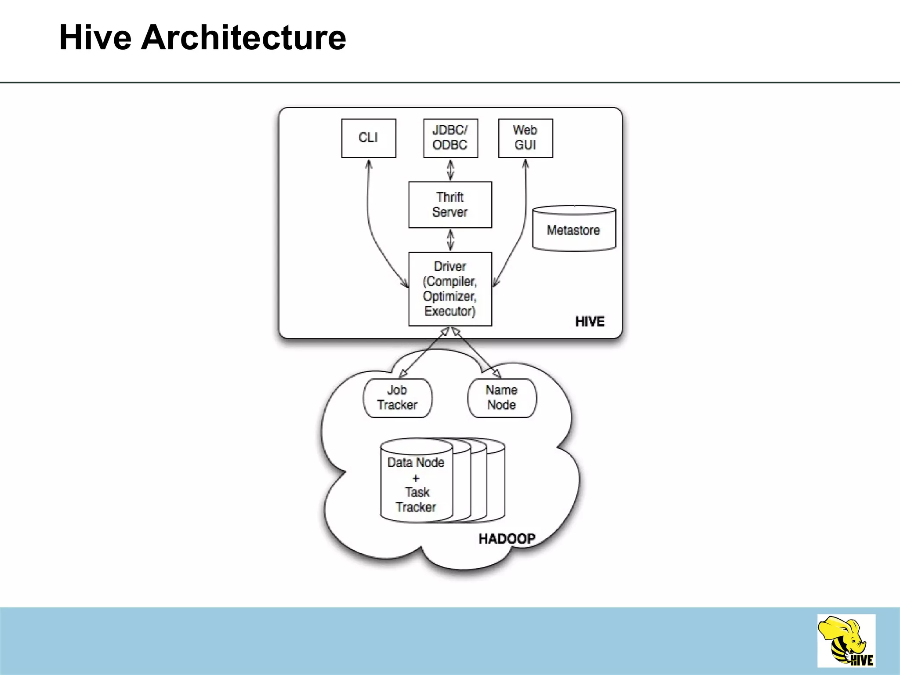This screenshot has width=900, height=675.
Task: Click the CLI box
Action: click(369, 138)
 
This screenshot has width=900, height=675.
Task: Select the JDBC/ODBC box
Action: click(450, 138)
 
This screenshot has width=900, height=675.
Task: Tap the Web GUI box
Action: click(526, 138)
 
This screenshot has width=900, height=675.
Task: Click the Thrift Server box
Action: click(450, 205)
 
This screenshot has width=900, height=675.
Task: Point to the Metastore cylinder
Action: click(574, 229)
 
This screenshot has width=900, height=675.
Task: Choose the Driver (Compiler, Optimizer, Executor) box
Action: click(450, 289)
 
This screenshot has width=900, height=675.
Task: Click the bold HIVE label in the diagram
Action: click(590, 322)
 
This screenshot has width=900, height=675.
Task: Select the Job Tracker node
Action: click(397, 398)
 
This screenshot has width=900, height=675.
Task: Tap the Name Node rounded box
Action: click(502, 398)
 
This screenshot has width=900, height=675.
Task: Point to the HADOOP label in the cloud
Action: click(507, 539)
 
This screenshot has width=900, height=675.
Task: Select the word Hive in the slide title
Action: click(95, 38)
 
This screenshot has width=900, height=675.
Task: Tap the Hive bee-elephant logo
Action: click(846, 641)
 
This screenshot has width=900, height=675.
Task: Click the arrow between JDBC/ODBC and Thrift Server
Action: click(450, 170)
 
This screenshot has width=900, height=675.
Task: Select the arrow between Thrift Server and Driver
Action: click(450, 240)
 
